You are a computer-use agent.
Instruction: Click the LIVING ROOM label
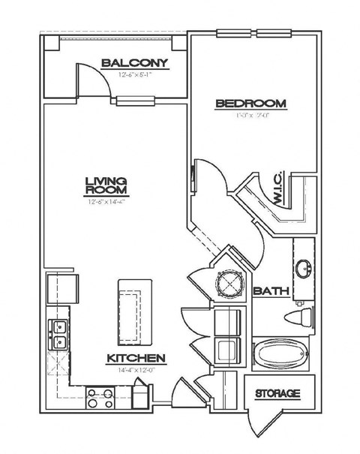pyautogui.click(x=105, y=186)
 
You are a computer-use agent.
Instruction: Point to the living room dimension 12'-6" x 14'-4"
pyautogui.click(x=105, y=201)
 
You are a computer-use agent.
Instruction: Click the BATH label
pyautogui.click(x=268, y=290)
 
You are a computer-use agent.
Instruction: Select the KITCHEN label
pyautogui.click(x=135, y=359)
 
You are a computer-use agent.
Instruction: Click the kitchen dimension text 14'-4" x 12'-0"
pyautogui.click(x=135, y=370)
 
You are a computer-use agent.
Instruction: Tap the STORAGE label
pyautogui.click(x=277, y=393)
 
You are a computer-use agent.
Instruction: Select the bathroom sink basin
pyautogui.click(x=304, y=269)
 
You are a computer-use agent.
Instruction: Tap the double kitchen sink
pyautogui.click(x=57, y=335)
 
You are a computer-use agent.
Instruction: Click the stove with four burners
pyautogui.click(x=100, y=396)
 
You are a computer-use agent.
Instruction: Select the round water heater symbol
pyautogui.click(x=227, y=284)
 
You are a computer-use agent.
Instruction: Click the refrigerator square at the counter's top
pyautogui.click(x=62, y=288)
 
